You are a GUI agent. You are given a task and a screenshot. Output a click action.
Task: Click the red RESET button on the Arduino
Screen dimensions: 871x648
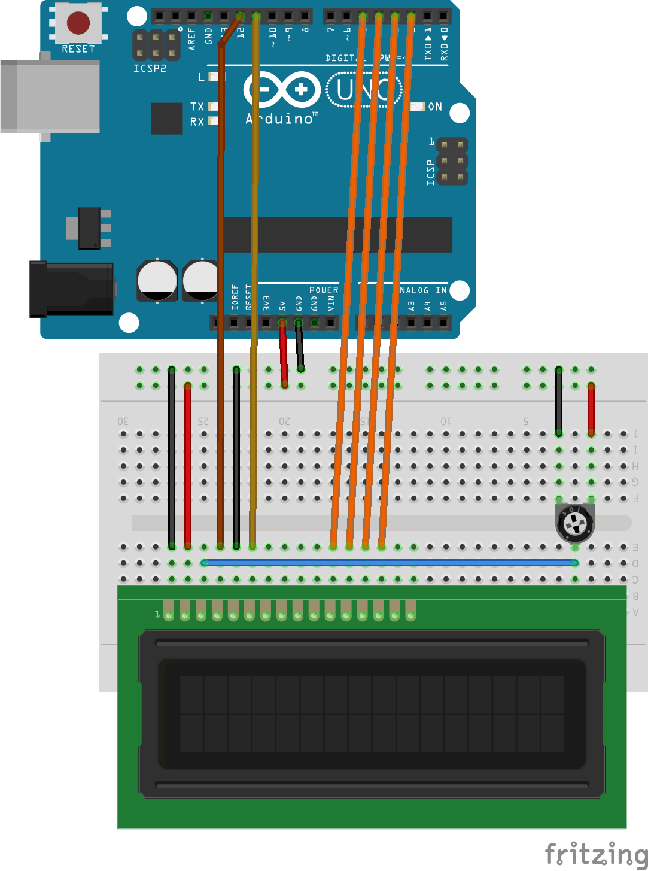click(x=78, y=23)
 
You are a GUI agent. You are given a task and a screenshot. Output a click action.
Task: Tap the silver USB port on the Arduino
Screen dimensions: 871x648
click(x=50, y=96)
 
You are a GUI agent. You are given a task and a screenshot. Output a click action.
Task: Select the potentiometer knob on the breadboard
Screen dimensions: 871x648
click(x=575, y=523)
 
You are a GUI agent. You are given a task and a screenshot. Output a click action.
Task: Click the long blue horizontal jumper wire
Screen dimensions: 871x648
click(x=389, y=563)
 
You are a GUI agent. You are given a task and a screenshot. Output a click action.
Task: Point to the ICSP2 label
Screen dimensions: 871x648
click(x=150, y=68)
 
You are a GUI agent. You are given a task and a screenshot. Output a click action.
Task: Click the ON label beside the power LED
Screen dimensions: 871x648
click(x=435, y=107)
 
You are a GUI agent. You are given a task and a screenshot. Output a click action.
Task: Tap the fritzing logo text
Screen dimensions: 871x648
click(x=595, y=854)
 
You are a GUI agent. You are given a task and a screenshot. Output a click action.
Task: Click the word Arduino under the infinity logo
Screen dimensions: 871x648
click(x=279, y=119)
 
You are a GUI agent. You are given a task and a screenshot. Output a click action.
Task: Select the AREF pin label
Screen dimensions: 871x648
click(x=191, y=38)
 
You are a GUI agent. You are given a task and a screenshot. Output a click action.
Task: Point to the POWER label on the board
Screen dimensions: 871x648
click(x=324, y=290)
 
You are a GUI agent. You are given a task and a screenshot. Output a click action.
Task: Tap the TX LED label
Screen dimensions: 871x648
click(x=197, y=107)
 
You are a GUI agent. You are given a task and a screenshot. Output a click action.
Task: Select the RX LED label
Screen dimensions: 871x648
click(x=197, y=122)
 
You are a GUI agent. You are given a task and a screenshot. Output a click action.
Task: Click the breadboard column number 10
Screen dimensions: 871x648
click(x=446, y=421)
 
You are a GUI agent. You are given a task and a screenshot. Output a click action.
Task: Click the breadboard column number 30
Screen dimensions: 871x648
click(x=123, y=421)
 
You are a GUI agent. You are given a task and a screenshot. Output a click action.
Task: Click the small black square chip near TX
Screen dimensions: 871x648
click(x=166, y=118)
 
